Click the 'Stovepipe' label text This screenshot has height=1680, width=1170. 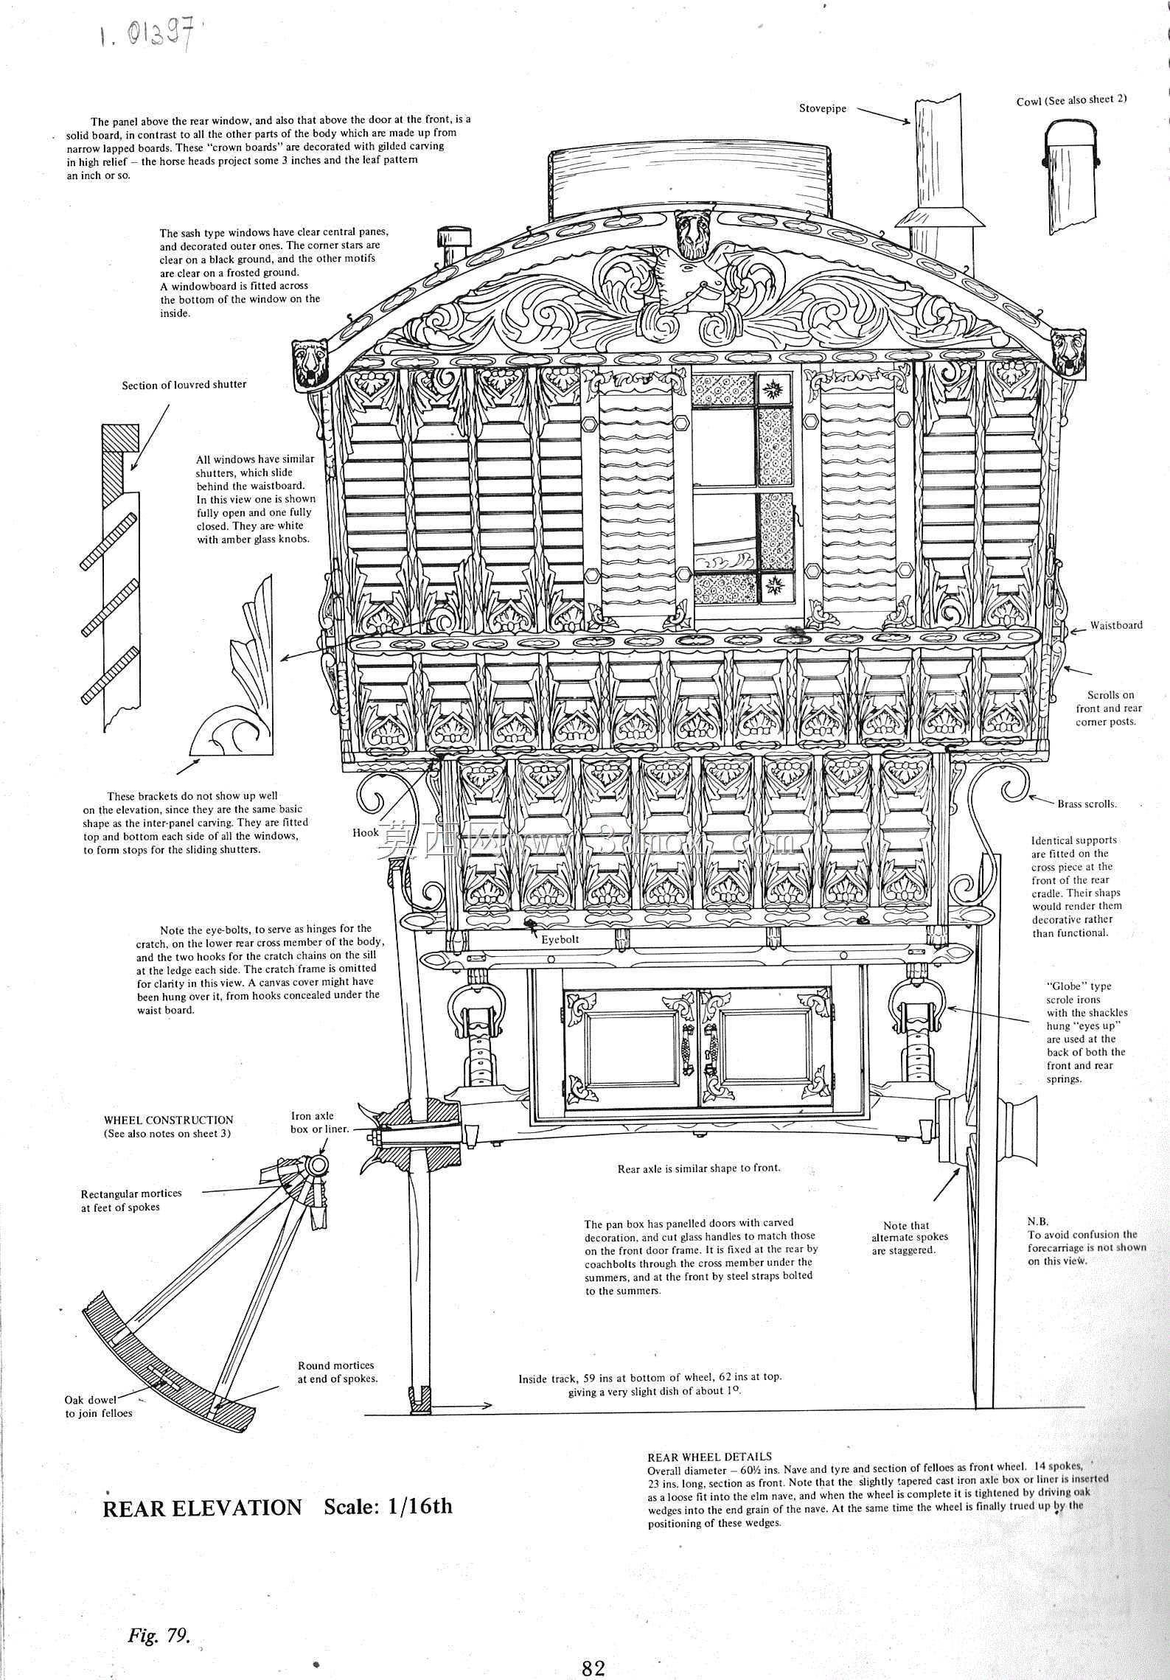(x=823, y=108)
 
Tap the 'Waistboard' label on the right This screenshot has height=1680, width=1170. (x=1116, y=625)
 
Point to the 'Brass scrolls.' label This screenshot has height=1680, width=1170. (x=1087, y=804)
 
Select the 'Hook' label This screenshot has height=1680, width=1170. (x=365, y=832)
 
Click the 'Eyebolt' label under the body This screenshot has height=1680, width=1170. (x=560, y=940)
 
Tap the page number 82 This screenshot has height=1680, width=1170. (x=593, y=1662)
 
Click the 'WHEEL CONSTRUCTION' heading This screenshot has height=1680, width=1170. (x=169, y=1120)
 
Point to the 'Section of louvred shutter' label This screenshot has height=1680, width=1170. (x=184, y=384)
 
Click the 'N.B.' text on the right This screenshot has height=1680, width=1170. (x=1038, y=1221)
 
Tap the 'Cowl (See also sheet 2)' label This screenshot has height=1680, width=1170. (x=1071, y=100)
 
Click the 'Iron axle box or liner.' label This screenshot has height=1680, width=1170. (x=319, y=1122)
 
